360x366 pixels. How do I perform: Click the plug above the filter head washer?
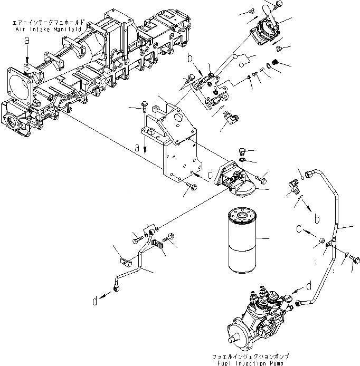(242, 150)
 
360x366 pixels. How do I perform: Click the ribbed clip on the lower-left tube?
(156, 245)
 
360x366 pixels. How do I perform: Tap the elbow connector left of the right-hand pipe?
(293, 186)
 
